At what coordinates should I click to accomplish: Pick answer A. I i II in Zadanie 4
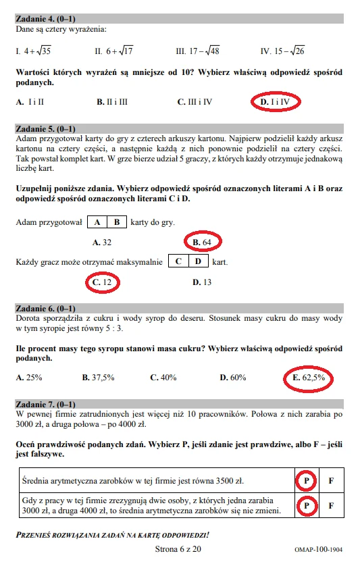coord(30,102)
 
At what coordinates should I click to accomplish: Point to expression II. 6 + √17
coord(114,50)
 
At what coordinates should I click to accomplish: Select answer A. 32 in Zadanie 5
coord(102,241)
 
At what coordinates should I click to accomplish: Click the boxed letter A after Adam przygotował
coord(98,222)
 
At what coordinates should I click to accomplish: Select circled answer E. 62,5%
coord(309,378)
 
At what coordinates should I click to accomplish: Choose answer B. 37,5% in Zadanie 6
coord(97,378)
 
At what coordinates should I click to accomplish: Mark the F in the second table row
coord(331,505)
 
